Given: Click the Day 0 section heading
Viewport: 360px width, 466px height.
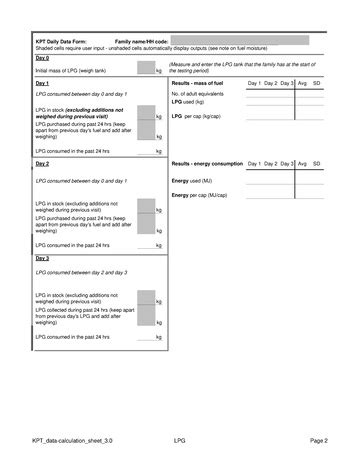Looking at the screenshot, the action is [42, 59].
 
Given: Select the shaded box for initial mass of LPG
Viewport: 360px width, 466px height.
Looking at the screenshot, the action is [145, 69].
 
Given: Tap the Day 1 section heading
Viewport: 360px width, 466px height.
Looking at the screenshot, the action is [42, 82].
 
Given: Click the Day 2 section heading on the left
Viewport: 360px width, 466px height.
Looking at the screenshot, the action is [42, 163].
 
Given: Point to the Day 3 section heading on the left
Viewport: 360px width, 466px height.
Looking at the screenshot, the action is [42, 257].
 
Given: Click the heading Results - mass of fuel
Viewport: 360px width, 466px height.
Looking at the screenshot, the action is [202, 82].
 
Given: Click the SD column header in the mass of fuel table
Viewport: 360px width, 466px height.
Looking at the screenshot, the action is [317, 82].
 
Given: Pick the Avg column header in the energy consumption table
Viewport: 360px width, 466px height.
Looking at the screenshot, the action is [302, 163].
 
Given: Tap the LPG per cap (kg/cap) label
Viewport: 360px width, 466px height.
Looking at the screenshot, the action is [195, 116].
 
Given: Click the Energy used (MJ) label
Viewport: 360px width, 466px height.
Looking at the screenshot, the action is [193, 181].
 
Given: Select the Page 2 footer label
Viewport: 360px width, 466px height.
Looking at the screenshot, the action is [319, 440].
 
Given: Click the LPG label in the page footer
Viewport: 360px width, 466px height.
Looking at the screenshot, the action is [180, 440].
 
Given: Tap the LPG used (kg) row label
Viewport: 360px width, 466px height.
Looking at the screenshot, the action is [188, 102].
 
